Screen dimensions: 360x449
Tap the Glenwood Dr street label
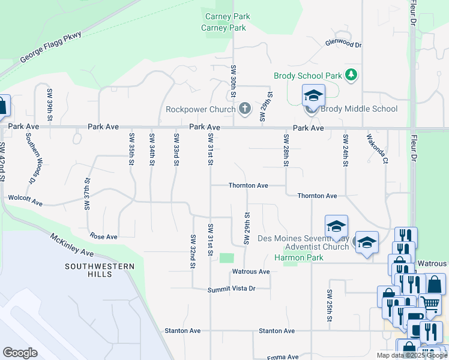pyautogui.click(x=343, y=44)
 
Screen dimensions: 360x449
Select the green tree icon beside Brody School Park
pyautogui.click(x=351, y=75)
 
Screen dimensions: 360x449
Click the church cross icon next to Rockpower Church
pyautogui.click(x=244, y=109)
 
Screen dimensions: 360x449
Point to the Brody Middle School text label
pyautogui.click(x=359, y=109)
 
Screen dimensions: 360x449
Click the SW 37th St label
pyautogui.click(x=87, y=193)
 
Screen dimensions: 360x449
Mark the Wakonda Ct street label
pyautogui.click(x=377, y=148)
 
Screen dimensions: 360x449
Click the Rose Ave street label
pyautogui.click(x=103, y=236)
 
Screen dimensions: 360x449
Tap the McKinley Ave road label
pyautogui.click(x=72, y=245)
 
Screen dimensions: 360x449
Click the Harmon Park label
pyautogui.click(x=298, y=257)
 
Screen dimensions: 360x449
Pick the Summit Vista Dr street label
pyautogui.click(x=232, y=289)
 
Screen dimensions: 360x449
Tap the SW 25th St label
pyautogui.click(x=330, y=306)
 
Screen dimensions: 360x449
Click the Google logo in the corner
pyautogui.click(x=20, y=353)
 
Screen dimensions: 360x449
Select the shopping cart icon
pyautogui.click(x=430, y=306)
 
